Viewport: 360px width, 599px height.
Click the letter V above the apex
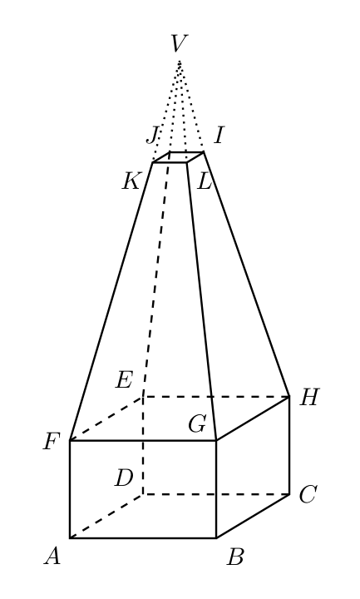click(x=179, y=43)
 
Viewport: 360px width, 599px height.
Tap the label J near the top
click(x=152, y=136)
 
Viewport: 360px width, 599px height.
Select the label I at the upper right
click(x=219, y=136)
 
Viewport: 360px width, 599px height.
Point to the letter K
click(x=131, y=181)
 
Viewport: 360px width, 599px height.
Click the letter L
click(x=205, y=181)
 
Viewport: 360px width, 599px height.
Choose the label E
click(x=124, y=380)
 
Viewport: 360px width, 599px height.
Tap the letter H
click(x=308, y=398)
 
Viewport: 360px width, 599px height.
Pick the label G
click(x=197, y=423)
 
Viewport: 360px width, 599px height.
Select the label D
click(x=124, y=478)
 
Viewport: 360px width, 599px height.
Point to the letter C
click(x=308, y=495)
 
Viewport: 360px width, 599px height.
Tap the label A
click(x=52, y=556)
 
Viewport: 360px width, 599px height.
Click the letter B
click(x=235, y=557)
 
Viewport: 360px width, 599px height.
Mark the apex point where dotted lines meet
click(x=180, y=61)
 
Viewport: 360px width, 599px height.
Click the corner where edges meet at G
click(x=216, y=440)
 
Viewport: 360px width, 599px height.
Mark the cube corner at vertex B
click(x=216, y=538)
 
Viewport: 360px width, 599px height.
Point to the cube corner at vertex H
click(x=289, y=397)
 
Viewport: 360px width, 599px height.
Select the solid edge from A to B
click(x=143, y=538)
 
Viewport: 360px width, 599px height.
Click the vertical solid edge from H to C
click(x=289, y=445)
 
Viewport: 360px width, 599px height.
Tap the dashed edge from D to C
click(x=216, y=494)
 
